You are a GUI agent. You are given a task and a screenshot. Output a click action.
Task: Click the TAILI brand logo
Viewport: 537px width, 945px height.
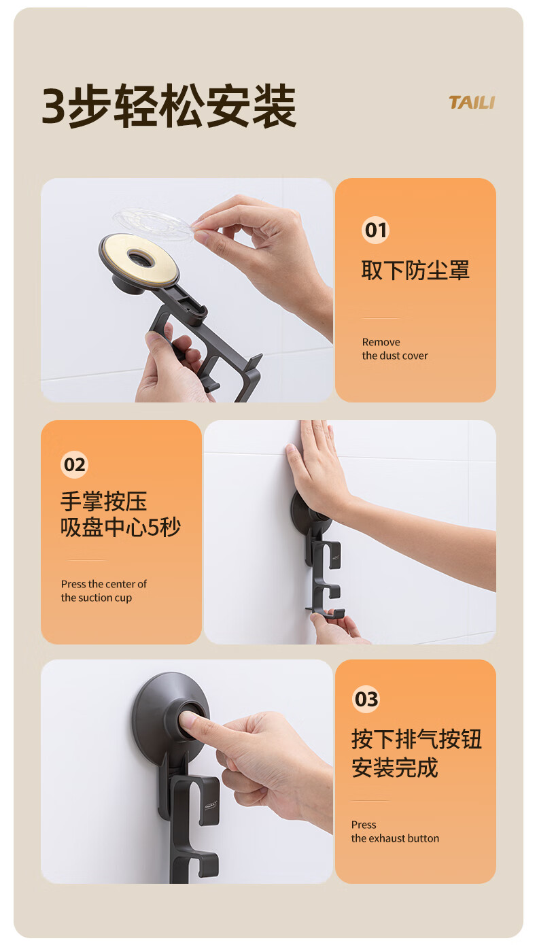click(472, 103)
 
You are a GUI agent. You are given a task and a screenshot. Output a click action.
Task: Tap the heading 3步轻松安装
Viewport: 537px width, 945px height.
click(169, 105)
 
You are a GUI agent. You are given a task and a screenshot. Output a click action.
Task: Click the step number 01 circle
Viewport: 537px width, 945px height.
click(375, 230)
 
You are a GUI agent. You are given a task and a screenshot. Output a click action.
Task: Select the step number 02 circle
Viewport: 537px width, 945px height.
click(74, 464)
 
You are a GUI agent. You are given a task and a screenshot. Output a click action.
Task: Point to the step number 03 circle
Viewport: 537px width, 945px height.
click(366, 699)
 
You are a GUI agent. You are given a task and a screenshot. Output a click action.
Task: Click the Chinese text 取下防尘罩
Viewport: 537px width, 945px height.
click(415, 271)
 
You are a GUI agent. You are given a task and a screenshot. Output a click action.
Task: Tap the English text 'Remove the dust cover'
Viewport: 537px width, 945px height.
click(395, 349)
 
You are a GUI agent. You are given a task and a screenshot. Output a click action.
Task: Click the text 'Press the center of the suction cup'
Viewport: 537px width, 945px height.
click(104, 591)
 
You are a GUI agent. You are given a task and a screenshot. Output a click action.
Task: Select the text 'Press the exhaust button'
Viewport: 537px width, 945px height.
click(395, 831)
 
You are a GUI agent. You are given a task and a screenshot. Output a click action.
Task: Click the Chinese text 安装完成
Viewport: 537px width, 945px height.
click(395, 768)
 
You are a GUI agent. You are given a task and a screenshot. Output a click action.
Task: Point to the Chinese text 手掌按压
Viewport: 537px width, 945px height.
click(104, 502)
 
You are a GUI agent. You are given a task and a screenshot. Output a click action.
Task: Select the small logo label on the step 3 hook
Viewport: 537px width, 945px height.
click(211, 806)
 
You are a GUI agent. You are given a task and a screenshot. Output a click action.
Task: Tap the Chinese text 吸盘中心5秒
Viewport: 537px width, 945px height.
click(120, 527)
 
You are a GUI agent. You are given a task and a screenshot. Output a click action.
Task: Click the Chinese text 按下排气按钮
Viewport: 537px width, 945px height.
click(417, 739)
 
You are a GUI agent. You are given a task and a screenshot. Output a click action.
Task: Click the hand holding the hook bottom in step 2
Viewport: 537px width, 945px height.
click(337, 629)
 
